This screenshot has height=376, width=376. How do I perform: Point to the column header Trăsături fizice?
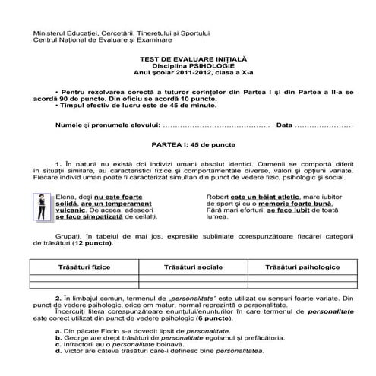coord(80,270)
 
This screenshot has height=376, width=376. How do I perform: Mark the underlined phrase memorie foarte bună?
coord(300,204)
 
